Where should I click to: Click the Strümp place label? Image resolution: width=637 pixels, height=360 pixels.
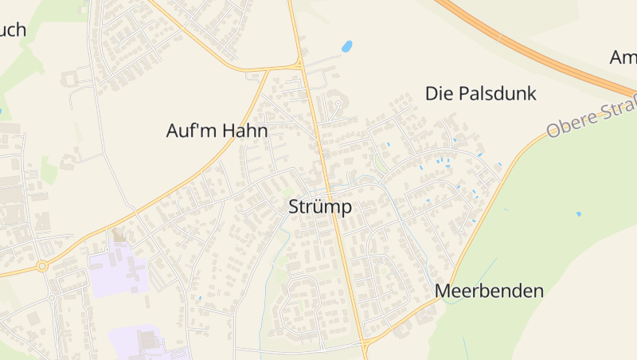click(319, 206)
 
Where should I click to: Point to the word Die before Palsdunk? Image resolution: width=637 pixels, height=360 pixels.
click(439, 94)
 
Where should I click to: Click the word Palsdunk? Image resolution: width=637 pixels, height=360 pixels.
click(497, 94)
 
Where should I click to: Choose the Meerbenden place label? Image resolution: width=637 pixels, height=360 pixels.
click(489, 291)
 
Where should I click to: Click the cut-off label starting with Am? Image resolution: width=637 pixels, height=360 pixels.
click(623, 57)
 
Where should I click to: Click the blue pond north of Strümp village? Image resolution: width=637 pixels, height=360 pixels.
click(347, 46)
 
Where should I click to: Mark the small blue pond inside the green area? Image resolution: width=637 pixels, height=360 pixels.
click(578, 213)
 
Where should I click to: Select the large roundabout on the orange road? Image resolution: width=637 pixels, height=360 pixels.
click(42, 266)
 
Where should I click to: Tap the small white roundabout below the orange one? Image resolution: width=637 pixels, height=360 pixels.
click(52, 298)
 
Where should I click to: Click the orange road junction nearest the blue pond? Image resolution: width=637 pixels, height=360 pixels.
click(300, 65)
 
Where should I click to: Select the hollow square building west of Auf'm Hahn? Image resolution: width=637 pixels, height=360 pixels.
click(67, 80)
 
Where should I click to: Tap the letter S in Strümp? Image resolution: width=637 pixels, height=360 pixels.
click(293, 206)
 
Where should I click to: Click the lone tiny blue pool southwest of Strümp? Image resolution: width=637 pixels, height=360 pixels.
click(199, 298)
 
